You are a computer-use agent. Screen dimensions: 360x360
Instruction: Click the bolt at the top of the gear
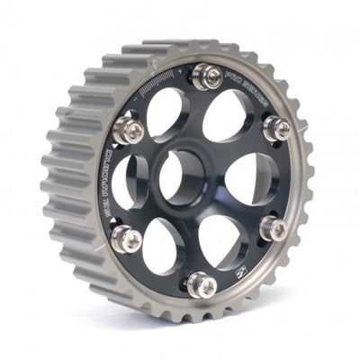point(208,78)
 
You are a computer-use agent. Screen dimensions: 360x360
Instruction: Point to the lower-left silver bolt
point(128,238)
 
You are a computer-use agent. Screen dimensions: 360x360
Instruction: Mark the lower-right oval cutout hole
point(220,241)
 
